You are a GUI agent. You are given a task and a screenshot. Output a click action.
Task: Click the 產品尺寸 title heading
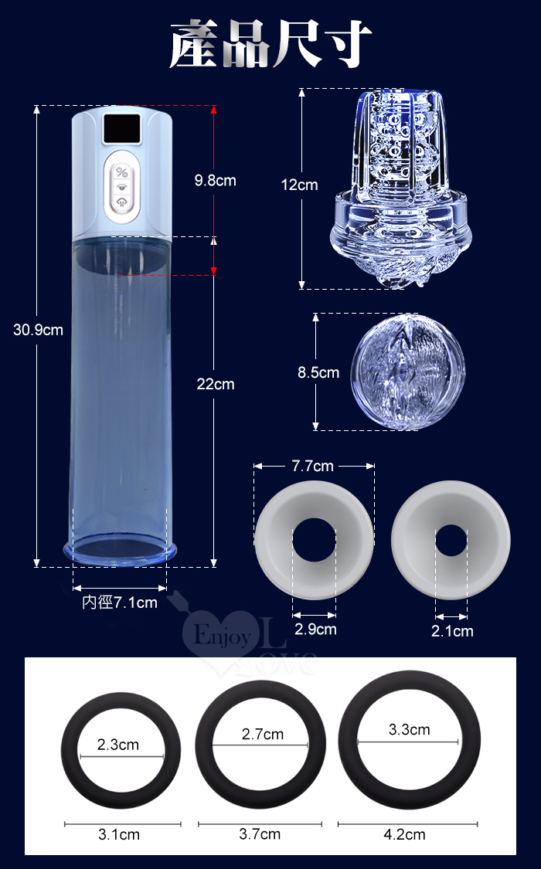[270, 44]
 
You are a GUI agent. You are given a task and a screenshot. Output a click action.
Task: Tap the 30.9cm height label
[38, 331]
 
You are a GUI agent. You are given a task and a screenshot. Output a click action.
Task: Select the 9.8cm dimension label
[215, 181]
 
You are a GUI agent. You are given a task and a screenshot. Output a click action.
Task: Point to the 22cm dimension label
[216, 384]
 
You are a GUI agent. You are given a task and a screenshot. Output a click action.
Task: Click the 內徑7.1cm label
[120, 603]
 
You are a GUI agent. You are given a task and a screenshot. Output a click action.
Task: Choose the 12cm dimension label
[299, 185]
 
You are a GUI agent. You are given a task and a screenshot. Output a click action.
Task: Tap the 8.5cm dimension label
[318, 372]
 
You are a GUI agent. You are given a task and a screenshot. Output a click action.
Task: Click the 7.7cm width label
[313, 466]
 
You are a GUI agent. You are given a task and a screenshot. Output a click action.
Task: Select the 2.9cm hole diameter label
[315, 630]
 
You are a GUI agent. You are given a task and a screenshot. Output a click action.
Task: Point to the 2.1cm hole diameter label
[452, 631]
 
